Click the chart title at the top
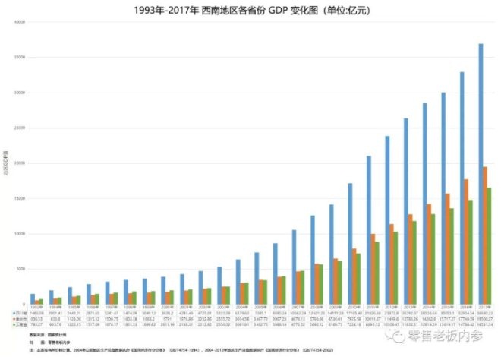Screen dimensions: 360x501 [250, 10]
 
